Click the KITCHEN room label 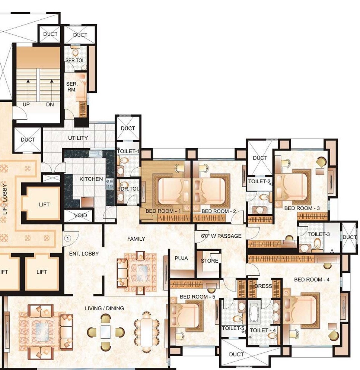(x=91, y=179)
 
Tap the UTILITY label (x=78, y=138)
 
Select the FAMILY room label (x=136, y=238)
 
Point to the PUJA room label (x=181, y=258)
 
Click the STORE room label (x=210, y=261)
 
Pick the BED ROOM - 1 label (x=163, y=211)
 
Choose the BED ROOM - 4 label (x=312, y=279)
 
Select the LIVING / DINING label (x=104, y=308)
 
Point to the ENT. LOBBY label (x=84, y=253)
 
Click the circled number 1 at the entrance (x=68, y=237)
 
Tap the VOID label (x=80, y=216)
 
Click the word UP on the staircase (x=26, y=105)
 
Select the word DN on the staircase (x=50, y=105)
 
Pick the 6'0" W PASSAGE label (x=221, y=236)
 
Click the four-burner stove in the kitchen (x=109, y=183)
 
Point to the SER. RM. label (x=71, y=86)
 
